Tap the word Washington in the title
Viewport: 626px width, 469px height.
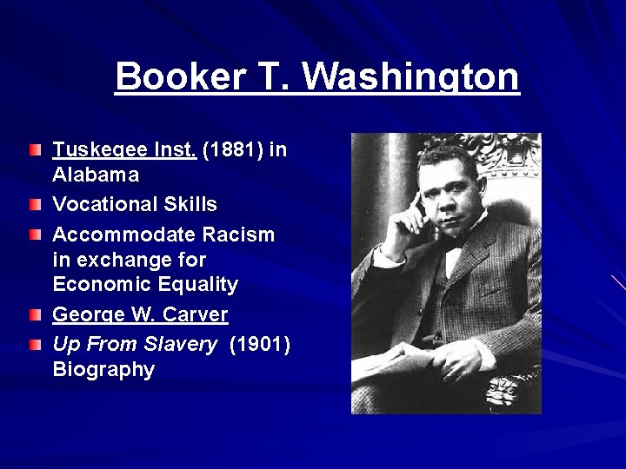410,76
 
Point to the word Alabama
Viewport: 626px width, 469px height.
96,175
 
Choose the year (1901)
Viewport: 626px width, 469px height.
260,344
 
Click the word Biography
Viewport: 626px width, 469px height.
103,369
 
